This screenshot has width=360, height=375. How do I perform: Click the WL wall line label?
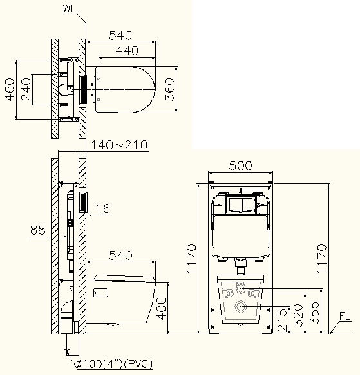click(70, 8)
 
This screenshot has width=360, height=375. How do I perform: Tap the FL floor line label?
click(345, 316)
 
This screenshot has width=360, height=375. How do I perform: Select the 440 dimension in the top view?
click(127, 51)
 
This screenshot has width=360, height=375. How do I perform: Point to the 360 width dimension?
click(169, 89)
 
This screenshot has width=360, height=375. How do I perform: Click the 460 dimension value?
click(10, 89)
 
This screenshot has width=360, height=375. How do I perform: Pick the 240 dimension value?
click(26, 89)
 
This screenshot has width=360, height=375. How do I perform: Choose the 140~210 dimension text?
click(119, 145)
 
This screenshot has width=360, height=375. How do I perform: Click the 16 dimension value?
click(103, 208)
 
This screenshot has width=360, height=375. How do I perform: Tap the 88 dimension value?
click(38, 230)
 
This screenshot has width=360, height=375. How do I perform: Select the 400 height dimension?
click(162, 309)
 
